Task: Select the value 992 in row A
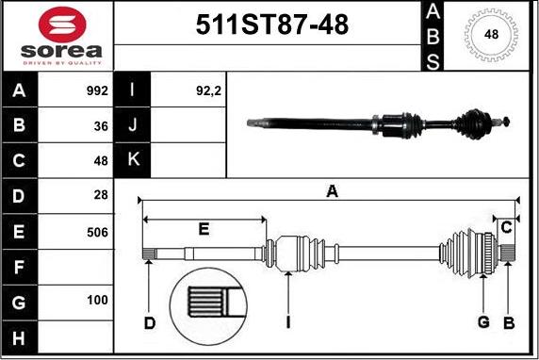tap(96, 91)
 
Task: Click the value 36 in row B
tap(101, 126)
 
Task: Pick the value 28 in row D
tap(101, 196)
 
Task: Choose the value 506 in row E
tap(96, 232)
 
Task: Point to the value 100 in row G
tap(96, 302)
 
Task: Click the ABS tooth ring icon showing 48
tap(491, 35)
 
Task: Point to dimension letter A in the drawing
tap(332, 191)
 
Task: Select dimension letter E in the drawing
tap(204, 229)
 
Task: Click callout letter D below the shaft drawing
tap(149, 324)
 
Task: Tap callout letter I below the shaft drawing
tap(287, 324)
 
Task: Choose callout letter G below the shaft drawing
tap(483, 324)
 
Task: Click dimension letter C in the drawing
tap(506, 226)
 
